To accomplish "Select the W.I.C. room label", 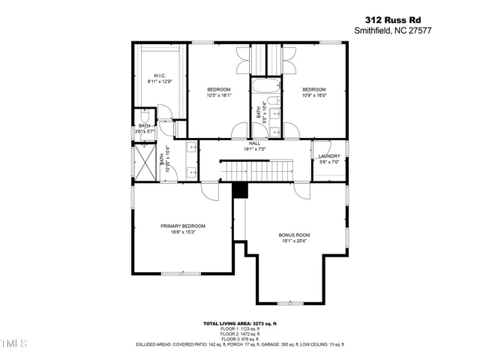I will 160,76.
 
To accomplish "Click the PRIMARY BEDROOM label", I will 182,226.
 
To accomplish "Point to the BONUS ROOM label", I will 294,235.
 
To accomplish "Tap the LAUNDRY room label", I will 329,156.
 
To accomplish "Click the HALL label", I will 255,143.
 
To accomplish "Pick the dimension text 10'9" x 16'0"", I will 314,95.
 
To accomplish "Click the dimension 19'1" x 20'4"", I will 294,241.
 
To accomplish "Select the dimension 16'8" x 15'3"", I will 182,232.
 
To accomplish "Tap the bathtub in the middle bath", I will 263,84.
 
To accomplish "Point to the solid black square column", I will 240,190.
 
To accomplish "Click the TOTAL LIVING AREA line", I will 240,324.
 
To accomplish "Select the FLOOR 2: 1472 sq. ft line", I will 240,334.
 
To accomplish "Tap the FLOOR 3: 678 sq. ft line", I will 240,340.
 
